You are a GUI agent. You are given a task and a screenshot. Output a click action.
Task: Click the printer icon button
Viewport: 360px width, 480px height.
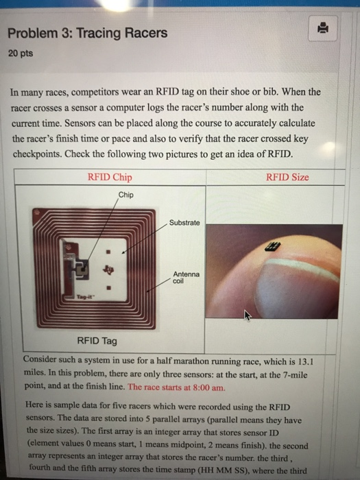pos(323,28)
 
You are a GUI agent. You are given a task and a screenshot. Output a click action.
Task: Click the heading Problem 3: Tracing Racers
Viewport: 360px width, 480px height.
pos(88,33)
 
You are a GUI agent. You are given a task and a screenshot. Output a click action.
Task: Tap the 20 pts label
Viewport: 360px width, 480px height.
pos(21,53)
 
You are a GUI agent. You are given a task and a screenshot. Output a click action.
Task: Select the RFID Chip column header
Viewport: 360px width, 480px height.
pos(110,177)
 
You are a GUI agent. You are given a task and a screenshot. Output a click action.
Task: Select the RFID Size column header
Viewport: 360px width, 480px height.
pos(287,177)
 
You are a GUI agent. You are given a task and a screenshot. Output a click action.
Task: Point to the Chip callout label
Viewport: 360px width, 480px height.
pos(125,195)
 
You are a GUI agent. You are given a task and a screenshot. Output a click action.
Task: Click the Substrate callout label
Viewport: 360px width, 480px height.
pos(184,223)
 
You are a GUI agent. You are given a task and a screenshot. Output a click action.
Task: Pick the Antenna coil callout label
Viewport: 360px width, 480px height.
pos(186,277)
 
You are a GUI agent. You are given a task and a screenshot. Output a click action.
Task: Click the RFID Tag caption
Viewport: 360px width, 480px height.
pos(97,341)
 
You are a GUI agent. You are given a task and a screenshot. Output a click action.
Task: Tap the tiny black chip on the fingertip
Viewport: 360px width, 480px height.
pos(272,246)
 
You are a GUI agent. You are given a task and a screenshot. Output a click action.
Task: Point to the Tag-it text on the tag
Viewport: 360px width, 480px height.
pos(82,297)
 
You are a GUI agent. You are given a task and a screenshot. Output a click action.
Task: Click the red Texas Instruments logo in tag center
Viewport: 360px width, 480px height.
pos(108,269)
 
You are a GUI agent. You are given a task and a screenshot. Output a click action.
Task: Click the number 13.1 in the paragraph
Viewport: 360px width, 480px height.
pos(306,362)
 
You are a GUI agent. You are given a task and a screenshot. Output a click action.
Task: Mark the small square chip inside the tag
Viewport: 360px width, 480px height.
pos(83,269)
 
